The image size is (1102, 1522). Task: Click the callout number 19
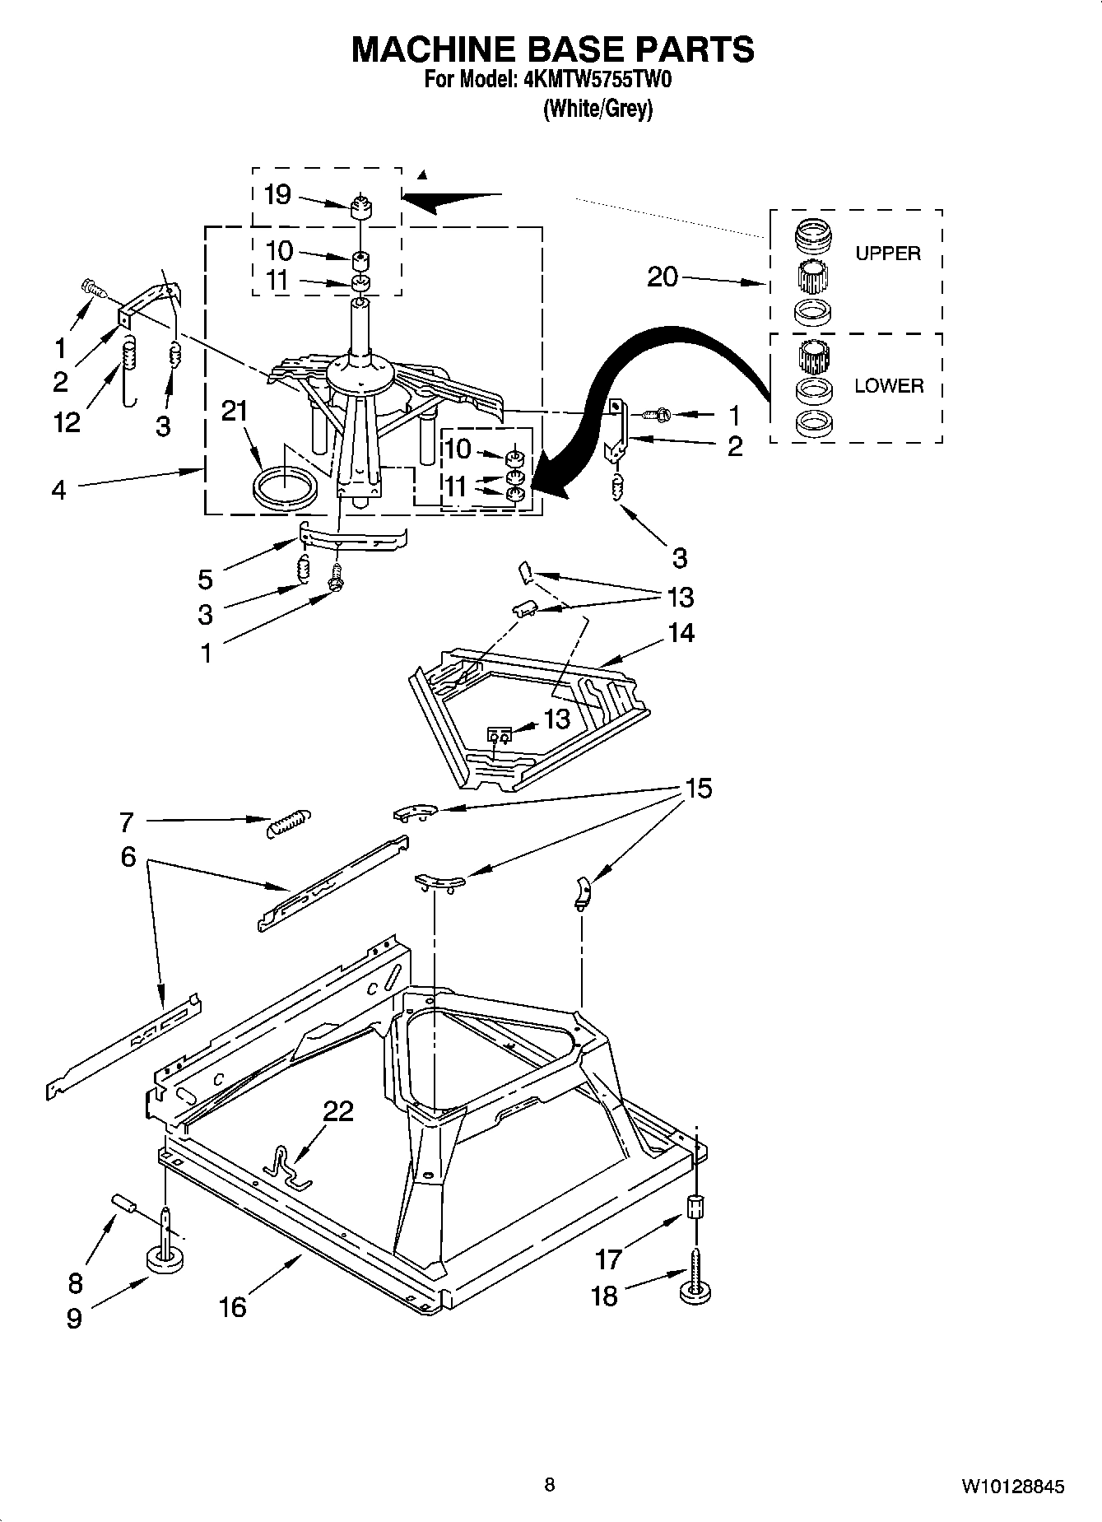pyautogui.click(x=277, y=195)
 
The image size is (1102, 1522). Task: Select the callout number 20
pyautogui.click(x=662, y=277)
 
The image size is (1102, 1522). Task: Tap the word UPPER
pyautogui.click(x=887, y=254)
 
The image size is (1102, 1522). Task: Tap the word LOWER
pyautogui.click(x=889, y=385)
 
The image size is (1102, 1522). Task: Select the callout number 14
pyautogui.click(x=680, y=633)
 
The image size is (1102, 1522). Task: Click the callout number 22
pyautogui.click(x=338, y=1111)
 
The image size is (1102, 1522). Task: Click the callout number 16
pyautogui.click(x=233, y=1306)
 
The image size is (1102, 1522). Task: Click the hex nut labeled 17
pyautogui.click(x=695, y=1207)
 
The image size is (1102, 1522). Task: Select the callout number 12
pyautogui.click(x=67, y=422)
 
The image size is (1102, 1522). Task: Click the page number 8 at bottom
pyautogui.click(x=550, y=1485)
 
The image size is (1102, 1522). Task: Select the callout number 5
pyautogui.click(x=205, y=579)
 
